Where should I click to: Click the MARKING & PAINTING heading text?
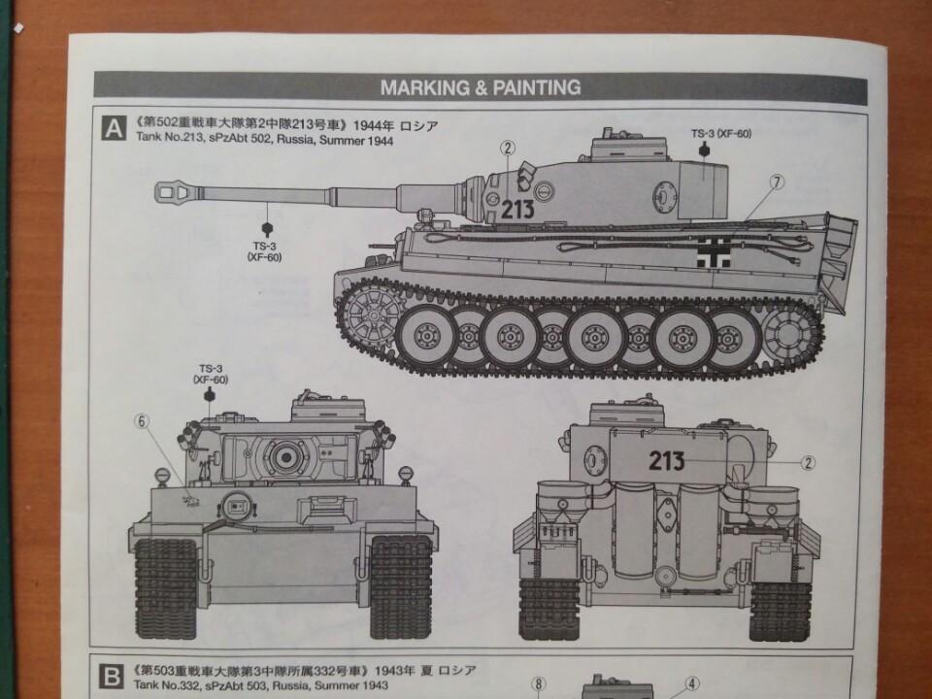click(x=481, y=88)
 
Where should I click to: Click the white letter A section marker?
click(x=114, y=128)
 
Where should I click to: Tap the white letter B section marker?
click(x=111, y=677)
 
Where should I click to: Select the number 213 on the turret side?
click(x=517, y=209)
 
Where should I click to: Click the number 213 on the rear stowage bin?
click(x=667, y=460)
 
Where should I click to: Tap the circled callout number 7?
click(x=777, y=183)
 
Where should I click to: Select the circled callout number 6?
click(x=142, y=421)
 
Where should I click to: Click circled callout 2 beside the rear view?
click(x=807, y=462)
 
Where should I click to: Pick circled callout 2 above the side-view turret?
click(x=507, y=148)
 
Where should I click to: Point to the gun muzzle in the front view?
click(x=285, y=456)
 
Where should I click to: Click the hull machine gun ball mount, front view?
click(x=236, y=507)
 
